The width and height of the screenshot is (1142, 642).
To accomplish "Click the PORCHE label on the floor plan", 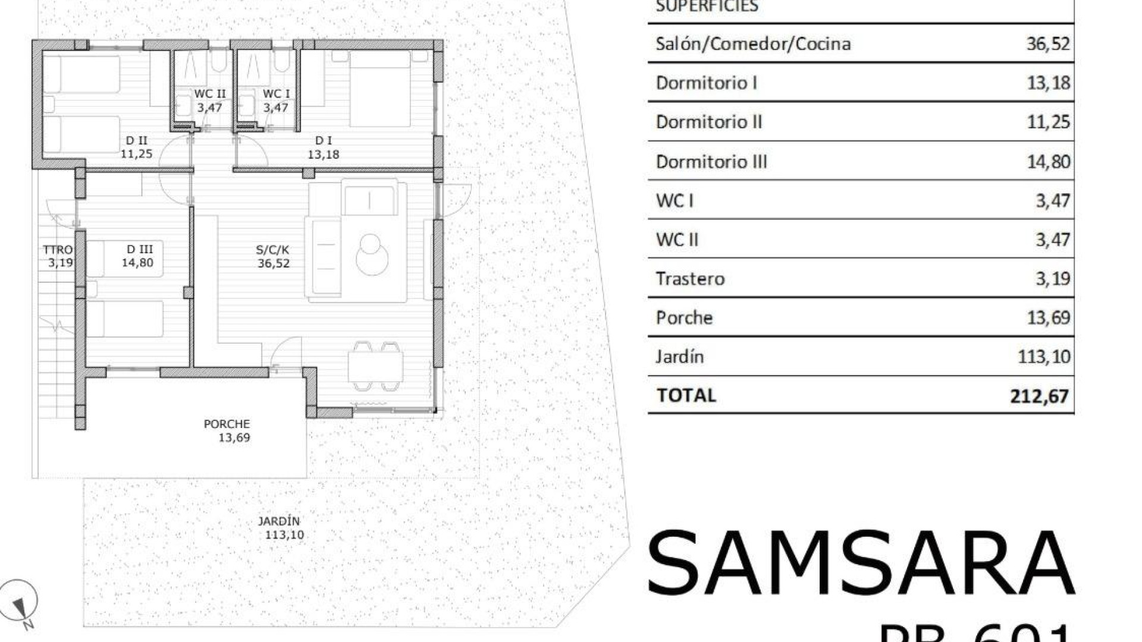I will pos(227,424).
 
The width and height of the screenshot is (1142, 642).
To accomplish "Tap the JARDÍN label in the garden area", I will pos(279,521).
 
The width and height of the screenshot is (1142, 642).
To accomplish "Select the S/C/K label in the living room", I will pos(272,250).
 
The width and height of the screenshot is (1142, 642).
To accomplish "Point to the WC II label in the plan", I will pos(210,94).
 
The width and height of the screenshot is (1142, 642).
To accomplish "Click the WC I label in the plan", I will pos(276,94).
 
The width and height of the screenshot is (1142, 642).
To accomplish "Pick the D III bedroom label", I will pos(139,250).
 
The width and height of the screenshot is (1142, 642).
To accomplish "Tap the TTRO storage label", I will pos(58,250).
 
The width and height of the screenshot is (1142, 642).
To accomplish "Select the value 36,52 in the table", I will pos(1048,43).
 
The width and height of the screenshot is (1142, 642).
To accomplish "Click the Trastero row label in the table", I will pos(690,279).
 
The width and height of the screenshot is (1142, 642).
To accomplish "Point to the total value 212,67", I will pos(1039,396).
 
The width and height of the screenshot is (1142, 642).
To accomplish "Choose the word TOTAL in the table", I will pos(686,395).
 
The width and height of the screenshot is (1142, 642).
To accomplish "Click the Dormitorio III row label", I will pos(711,162).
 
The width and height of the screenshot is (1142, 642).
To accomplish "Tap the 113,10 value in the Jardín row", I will pos(1044,357).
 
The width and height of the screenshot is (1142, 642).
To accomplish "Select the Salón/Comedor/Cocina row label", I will pos(753,43).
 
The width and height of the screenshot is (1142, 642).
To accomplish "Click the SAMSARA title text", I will pos(860,563).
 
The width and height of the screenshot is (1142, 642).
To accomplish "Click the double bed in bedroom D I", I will pos(379,89).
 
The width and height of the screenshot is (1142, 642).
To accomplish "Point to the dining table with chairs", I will pos(375,366).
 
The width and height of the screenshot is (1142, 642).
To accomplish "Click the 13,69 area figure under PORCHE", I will pos(234,438).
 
